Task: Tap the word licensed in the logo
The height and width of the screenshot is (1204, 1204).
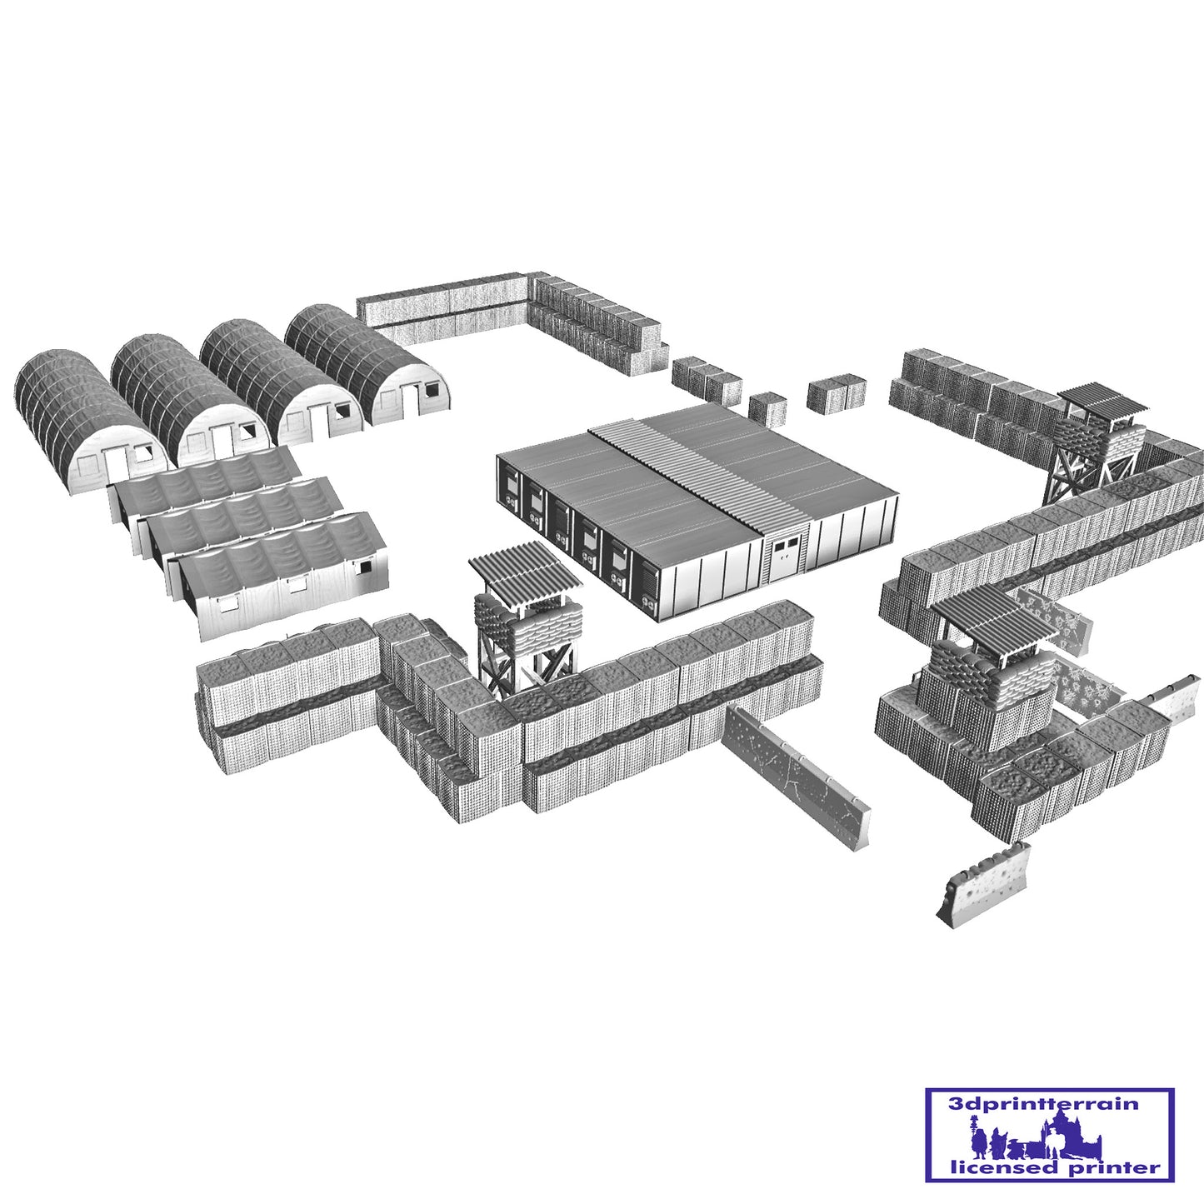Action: pos(997,1167)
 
